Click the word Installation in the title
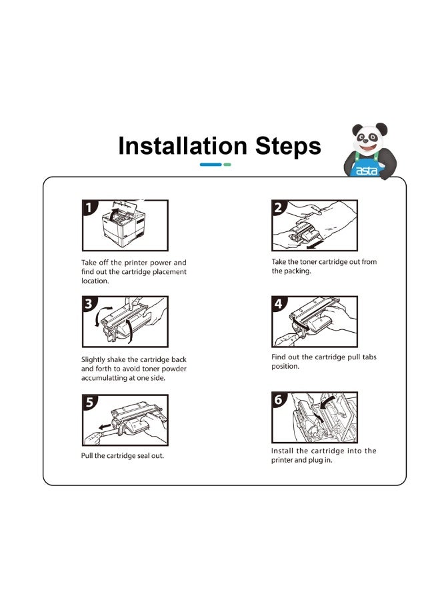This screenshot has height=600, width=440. point(183,146)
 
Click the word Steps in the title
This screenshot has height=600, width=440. point(288,146)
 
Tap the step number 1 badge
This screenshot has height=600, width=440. point(89,207)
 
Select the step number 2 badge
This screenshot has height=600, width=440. point(279,207)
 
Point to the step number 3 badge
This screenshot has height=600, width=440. point(89,303)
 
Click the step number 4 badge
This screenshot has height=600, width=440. point(279,303)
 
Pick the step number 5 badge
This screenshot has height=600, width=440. point(89,402)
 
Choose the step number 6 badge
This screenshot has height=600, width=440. point(279,399)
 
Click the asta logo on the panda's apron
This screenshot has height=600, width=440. point(366,171)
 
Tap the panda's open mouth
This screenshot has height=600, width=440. point(368,147)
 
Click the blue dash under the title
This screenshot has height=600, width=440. point(211,165)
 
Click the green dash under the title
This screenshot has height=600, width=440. point(227,165)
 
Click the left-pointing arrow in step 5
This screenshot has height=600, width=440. point(104,427)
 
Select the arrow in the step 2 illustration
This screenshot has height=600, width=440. point(315,244)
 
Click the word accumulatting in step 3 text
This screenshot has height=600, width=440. point(105,378)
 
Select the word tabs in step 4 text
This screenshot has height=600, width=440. point(369,357)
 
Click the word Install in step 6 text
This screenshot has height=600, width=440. point(283,451)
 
